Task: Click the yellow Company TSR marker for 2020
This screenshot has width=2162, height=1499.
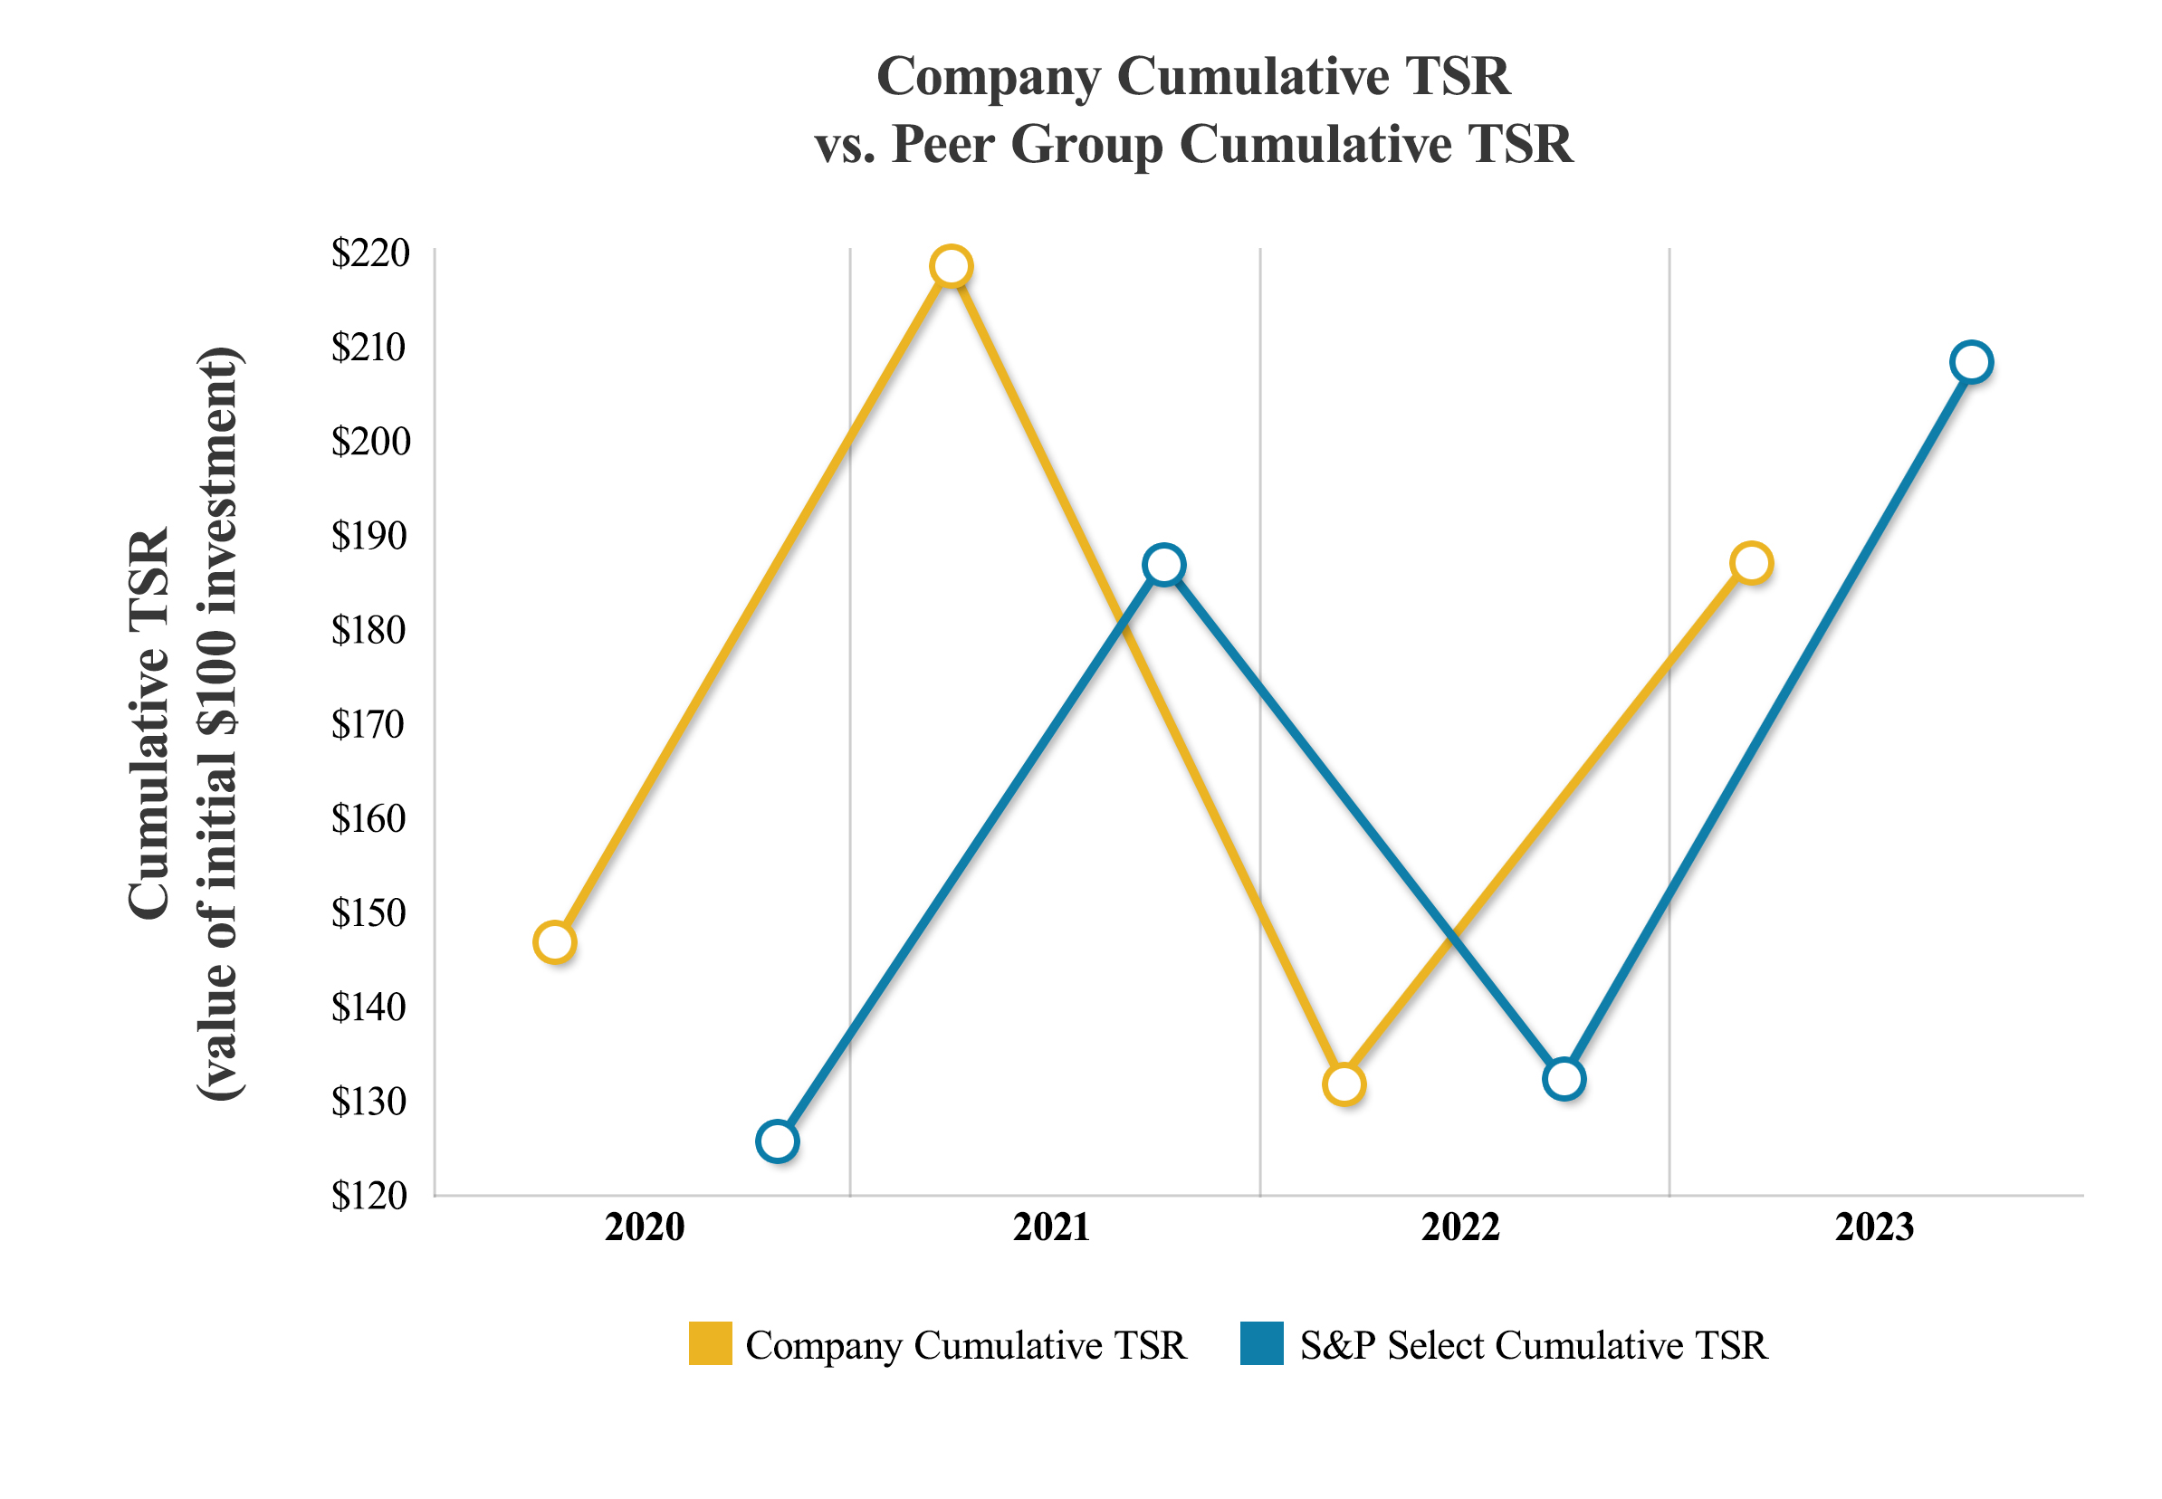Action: (554, 942)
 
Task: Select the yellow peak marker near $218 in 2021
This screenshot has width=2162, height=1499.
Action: (951, 266)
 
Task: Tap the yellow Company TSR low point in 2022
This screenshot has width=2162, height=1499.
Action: (1343, 1084)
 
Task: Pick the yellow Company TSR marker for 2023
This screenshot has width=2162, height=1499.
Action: (1751, 563)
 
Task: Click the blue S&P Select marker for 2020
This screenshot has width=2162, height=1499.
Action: (777, 1141)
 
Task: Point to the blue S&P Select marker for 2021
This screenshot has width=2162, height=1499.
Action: (1163, 565)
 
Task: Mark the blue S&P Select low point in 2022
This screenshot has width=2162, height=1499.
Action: (1563, 1078)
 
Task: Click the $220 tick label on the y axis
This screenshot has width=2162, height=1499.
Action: (370, 253)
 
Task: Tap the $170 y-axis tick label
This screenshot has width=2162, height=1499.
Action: (368, 724)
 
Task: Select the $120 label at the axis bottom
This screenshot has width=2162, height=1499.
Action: (368, 1196)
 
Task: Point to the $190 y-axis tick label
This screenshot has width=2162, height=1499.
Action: (368, 535)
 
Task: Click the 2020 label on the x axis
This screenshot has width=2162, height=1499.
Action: (645, 1227)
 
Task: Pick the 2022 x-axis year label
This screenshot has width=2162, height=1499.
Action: (1459, 1227)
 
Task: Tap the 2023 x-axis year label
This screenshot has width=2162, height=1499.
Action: (1874, 1227)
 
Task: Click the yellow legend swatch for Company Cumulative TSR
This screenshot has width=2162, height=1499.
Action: (710, 1343)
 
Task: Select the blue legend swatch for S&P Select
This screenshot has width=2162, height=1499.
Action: (1261, 1343)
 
